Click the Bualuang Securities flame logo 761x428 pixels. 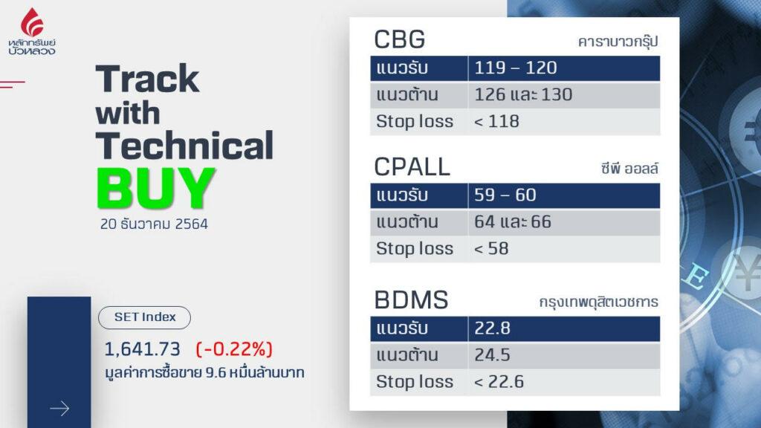(31, 22)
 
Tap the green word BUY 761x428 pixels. (155, 188)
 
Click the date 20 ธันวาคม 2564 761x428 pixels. (154, 224)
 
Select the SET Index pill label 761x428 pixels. (145, 317)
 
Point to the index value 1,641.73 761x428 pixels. (142, 349)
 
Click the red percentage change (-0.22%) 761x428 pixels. (234, 349)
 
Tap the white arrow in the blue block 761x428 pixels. (59, 409)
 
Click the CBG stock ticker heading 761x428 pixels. (399, 39)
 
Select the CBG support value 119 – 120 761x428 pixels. (516, 68)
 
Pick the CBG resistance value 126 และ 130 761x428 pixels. (523, 94)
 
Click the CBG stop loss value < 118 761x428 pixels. (496, 121)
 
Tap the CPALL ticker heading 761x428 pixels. (412, 167)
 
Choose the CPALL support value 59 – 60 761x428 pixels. (505, 195)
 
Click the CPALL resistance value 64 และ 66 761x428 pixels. (513, 221)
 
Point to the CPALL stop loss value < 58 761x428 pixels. (491, 248)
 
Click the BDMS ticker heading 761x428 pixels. (411, 300)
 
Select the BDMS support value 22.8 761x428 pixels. (492, 328)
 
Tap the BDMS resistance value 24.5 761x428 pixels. (492, 355)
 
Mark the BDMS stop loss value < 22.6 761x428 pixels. (499, 382)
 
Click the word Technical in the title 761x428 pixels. (184, 146)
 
